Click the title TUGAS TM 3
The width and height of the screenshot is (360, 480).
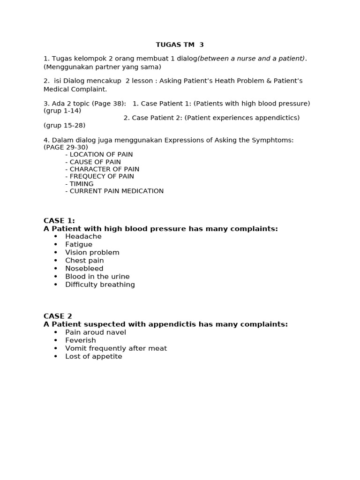[x=180, y=45]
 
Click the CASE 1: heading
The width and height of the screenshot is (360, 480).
[x=59, y=221]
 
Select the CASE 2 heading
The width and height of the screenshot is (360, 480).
[x=58, y=316]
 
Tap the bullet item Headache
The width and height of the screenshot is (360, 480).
[x=83, y=237]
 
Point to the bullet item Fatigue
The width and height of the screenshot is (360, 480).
[x=79, y=245]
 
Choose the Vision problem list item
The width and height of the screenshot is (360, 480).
[x=92, y=253]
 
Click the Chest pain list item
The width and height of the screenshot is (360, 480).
[x=84, y=261]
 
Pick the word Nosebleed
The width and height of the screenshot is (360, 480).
[x=84, y=269]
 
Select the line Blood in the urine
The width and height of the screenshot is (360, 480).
[x=97, y=277]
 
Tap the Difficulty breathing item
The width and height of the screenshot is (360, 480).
[x=100, y=285]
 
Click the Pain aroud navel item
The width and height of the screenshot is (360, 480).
[x=96, y=332]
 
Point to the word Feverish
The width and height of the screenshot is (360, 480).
[x=81, y=340]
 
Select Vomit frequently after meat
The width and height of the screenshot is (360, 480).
[x=116, y=348]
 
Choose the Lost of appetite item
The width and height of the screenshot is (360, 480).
[x=94, y=356]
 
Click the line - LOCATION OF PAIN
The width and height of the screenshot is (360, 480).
[x=99, y=155]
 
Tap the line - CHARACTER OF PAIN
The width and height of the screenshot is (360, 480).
[x=102, y=169]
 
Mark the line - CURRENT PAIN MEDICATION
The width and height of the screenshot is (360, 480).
[x=114, y=191]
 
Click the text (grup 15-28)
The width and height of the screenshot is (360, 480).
[x=65, y=125]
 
